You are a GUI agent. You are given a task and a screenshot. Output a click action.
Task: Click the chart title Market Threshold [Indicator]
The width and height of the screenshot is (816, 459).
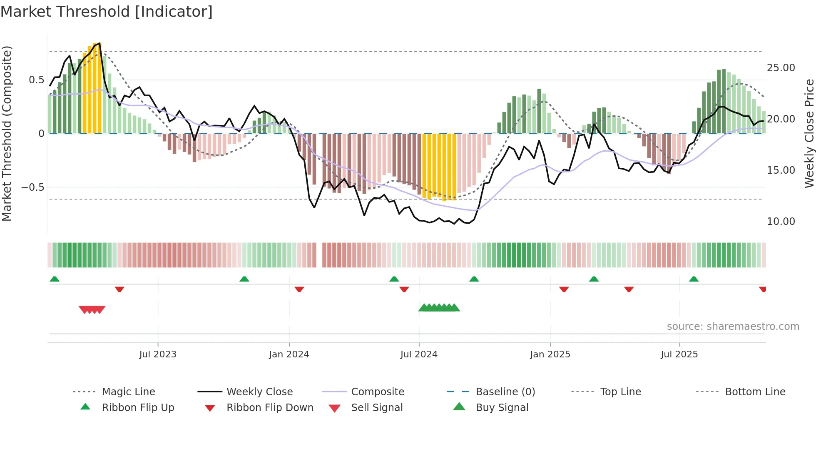click(x=107, y=12)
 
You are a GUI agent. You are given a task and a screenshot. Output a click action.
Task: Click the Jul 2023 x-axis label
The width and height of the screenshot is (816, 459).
click(x=158, y=354)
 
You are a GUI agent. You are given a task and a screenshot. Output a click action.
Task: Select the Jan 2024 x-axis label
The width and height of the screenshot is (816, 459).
click(x=289, y=354)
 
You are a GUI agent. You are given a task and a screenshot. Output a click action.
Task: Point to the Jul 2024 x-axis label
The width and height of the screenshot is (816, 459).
click(x=419, y=354)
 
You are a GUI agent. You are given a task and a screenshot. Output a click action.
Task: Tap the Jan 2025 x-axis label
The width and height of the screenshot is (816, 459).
click(x=550, y=354)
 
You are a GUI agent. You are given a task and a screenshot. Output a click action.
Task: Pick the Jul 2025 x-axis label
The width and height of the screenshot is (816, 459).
click(x=679, y=354)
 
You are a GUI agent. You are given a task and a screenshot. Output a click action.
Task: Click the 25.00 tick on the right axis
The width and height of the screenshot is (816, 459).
click(x=781, y=68)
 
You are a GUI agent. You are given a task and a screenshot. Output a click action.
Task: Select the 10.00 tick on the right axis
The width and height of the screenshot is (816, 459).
click(x=781, y=222)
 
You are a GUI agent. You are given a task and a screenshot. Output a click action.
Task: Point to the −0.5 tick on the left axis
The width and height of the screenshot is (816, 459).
click(x=32, y=187)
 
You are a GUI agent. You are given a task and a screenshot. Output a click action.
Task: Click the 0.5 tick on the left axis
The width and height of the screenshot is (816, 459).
click(x=36, y=80)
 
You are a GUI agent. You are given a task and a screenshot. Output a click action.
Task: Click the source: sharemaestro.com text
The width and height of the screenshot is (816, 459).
click(x=733, y=327)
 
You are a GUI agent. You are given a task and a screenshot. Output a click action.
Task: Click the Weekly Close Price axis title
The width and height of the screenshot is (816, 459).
click(x=809, y=133)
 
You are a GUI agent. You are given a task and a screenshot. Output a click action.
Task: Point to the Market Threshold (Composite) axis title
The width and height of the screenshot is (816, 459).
click(x=7, y=133)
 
